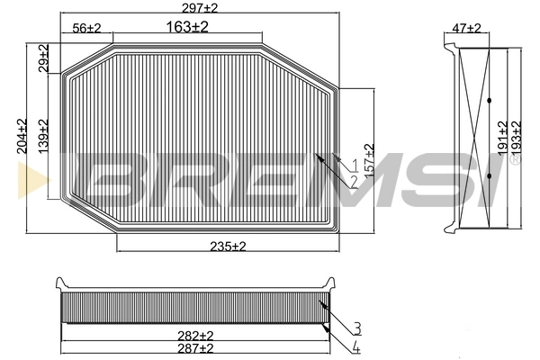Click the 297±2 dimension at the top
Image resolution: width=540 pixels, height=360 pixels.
(x=200, y=7)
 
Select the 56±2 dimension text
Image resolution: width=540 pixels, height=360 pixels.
(x=87, y=29)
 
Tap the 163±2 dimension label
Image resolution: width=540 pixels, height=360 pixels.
(x=187, y=28)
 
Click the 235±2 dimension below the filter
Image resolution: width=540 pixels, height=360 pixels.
(x=229, y=246)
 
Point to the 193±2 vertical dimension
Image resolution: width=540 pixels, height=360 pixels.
(x=517, y=137)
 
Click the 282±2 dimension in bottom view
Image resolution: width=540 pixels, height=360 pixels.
(x=196, y=335)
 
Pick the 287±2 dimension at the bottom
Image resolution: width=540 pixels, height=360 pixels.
(x=196, y=347)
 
